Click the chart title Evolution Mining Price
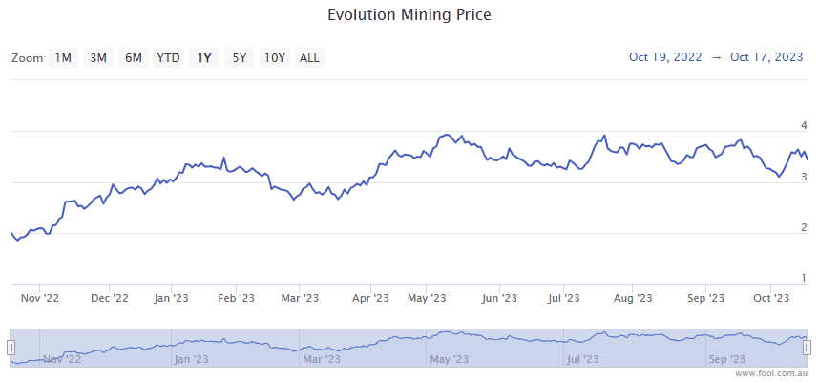[x=409, y=15]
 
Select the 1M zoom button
[x=63, y=58]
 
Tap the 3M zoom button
[x=98, y=58]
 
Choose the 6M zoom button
[x=134, y=58]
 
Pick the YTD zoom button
[x=169, y=58]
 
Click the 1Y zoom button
[x=204, y=58]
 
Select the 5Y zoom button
[x=240, y=58]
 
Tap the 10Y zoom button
[x=275, y=58]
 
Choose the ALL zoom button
[x=310, y=58]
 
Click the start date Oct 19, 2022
[x=665, y=57]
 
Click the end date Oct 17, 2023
[x=766, y=57]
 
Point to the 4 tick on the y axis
[x=804, y=126]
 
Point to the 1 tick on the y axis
[x=804, y=278]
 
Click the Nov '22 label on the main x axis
[x=40, y=298]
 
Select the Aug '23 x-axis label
[x=632, y=298]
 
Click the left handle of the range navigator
[x=11, y=348]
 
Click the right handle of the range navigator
[x=807, y=348]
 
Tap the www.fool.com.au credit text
[x=772, y=374]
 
